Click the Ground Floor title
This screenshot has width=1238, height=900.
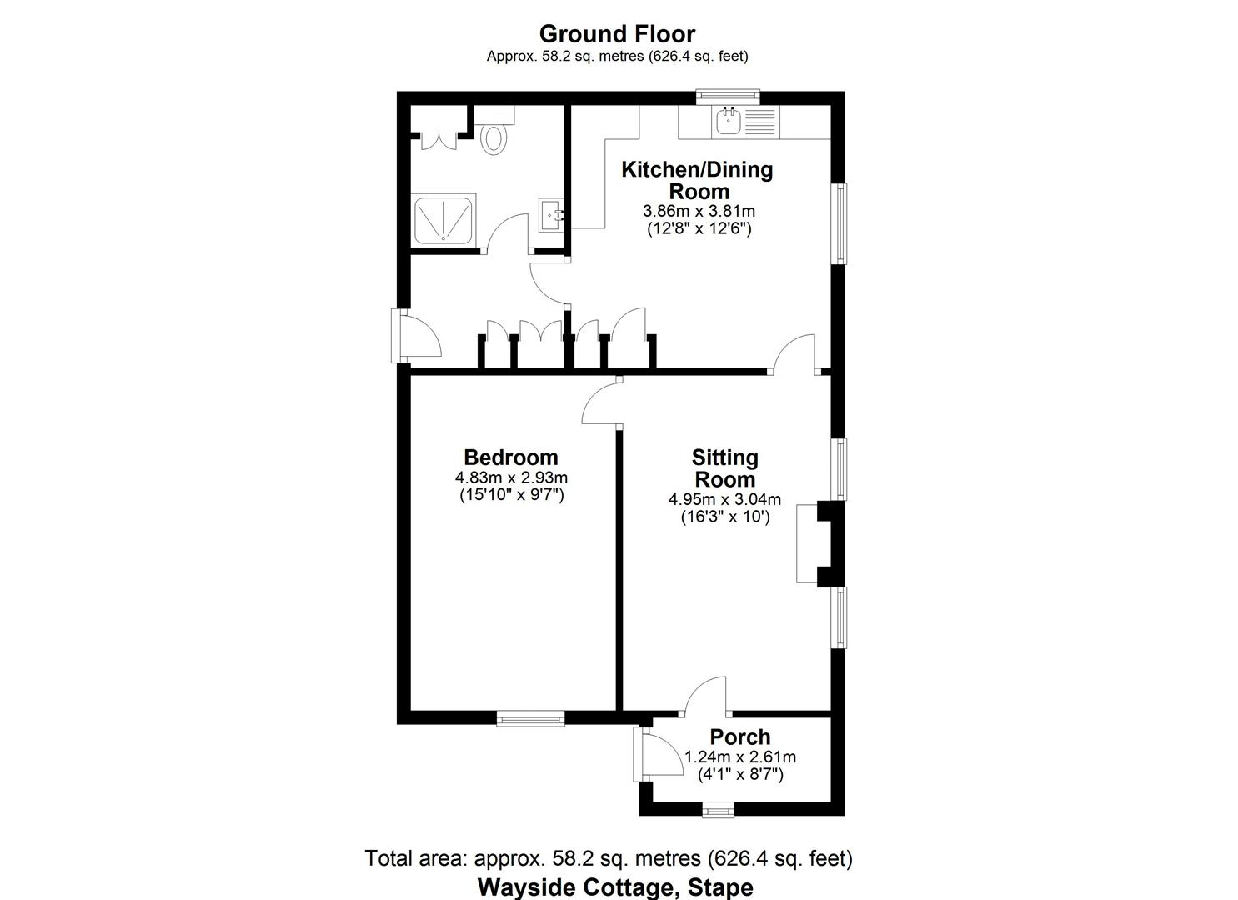coord(617,34)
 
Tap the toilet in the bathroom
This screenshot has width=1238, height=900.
coord(494,137)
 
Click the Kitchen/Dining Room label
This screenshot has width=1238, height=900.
coord(698,180)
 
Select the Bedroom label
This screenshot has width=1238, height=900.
coord(510,457)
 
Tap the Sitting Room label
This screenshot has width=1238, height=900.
coord(724,468)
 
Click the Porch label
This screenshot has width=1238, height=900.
coord(739,737)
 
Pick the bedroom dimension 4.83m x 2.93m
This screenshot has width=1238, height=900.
coord(510,478)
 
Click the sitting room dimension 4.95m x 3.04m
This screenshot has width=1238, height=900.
coord(724,500)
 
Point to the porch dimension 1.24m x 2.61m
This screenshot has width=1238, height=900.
coord(739,757)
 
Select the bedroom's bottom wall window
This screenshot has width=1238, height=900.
coord(530,717)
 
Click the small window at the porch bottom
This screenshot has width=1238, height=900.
coord(717,809)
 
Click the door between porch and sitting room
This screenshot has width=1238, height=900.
coord(705,698)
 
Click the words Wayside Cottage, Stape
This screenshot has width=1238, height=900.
coord(615,887)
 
